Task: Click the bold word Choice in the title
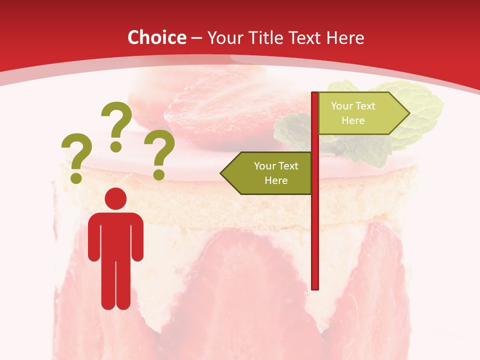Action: point(156,37)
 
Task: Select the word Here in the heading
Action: point(345,37)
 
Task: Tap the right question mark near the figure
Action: point(159,154)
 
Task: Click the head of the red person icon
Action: point(115,198)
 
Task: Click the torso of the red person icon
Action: point(115,235)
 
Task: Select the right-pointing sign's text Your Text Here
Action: point(353,113)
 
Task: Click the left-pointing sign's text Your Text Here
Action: point(275,173)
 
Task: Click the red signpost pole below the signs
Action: point(315,240)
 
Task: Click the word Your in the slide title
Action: point(223,37)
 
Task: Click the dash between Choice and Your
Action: point(196,38)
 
